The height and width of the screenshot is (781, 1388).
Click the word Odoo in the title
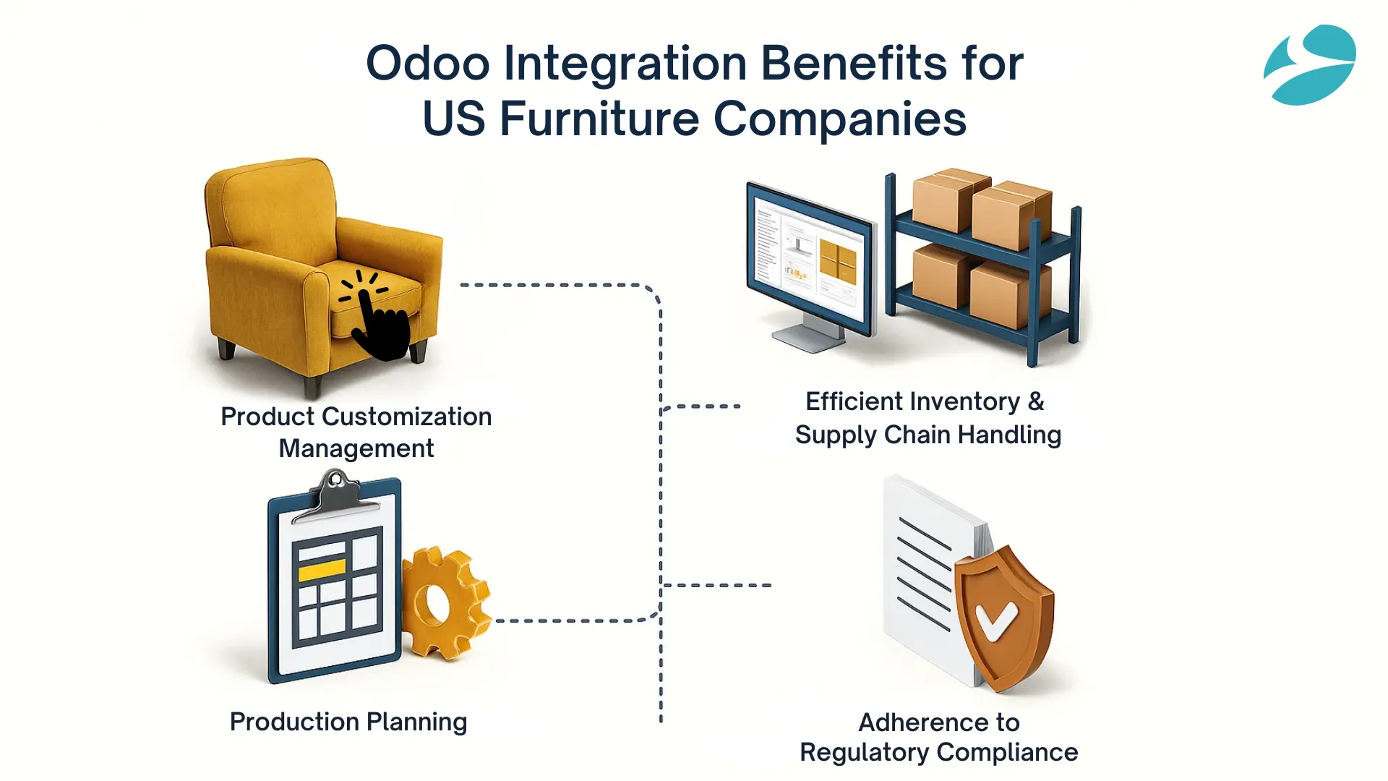(x=428, y=64)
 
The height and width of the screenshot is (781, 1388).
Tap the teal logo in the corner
(x=1310, y=65)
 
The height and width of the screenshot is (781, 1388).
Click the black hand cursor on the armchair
(x=379, y=322)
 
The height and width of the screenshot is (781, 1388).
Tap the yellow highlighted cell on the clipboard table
(x=322, y=571)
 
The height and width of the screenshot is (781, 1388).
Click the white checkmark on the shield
(x=996, y=619)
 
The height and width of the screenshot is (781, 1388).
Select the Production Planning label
(x=348, y=722)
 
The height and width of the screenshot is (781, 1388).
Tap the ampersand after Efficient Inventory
(x=1036, y=401)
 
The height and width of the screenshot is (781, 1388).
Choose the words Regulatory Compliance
(x=938, y=753)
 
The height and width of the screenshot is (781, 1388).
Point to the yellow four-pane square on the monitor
(x=837, y=262)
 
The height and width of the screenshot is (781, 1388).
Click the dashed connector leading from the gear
(x=571, y=620)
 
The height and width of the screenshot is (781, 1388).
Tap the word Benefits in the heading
(x=853, y=64)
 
